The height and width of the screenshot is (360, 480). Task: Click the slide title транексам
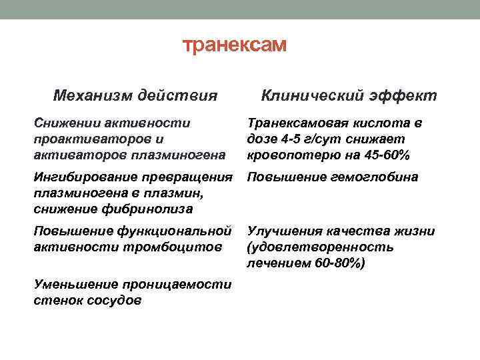pos(234,45)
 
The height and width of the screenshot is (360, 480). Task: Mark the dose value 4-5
pos(288,139)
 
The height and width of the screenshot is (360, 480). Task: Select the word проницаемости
pos(175,285)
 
